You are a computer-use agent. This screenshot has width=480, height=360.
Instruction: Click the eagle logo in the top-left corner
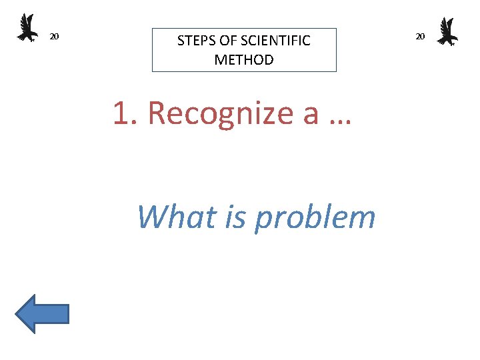pos(27,28)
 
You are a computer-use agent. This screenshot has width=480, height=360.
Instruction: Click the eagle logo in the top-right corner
pos(447,31)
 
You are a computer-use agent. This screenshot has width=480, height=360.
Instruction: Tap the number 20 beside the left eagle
pos(55,36)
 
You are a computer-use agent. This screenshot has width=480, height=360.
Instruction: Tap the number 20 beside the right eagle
pos(420,36)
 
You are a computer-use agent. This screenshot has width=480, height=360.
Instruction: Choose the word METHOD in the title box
pos(244,60)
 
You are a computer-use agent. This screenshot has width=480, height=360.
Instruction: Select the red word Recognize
pos(221,113)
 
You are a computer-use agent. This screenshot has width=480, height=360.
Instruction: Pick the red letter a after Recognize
pos(311,115)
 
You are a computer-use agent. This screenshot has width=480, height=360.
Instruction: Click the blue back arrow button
pos(43,314)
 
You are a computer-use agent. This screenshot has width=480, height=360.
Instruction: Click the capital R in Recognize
pos(157,113)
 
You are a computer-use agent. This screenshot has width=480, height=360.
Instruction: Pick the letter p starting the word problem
pos(262,220)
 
